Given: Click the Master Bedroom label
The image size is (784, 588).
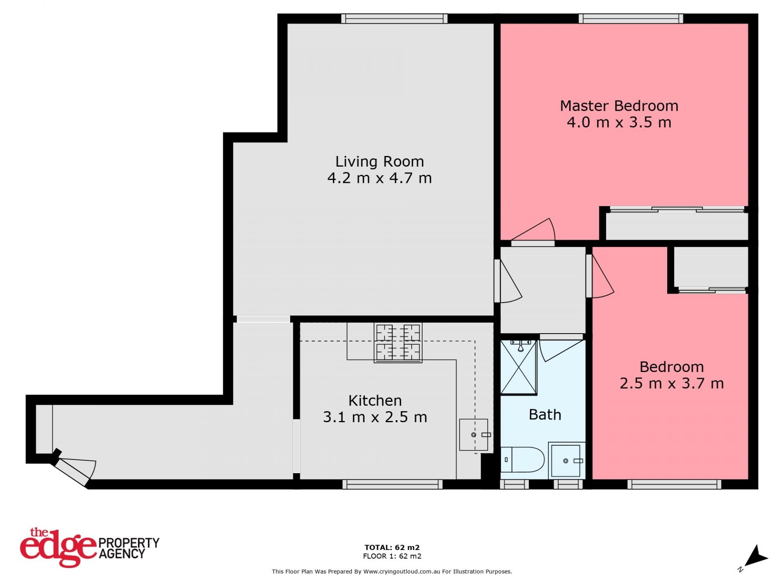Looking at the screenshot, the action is coord(619,106).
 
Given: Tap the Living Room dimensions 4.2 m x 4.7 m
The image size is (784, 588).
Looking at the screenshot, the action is coord(379,178).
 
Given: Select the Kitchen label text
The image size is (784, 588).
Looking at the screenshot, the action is coord(375,400).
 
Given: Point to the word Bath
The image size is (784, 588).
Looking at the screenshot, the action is coord(545,414).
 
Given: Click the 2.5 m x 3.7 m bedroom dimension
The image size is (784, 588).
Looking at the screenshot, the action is coord(672,383).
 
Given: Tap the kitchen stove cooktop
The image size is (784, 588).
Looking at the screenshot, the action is coord(398,343).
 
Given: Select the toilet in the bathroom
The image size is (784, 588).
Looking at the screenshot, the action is coord(522,459).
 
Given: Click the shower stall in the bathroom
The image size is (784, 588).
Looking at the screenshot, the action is coord(518,367).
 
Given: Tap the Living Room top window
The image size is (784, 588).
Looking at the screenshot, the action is coord(394,18).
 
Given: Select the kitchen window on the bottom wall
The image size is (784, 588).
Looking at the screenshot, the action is coord(392,484).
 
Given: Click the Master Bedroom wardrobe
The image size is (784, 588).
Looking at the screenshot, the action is coord(677,224).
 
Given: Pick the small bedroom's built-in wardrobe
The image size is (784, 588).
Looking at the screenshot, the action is coord(711,269).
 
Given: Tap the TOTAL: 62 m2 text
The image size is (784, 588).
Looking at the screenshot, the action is coord(392,548).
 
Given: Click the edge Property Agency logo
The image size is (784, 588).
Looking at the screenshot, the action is coord(89,548).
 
